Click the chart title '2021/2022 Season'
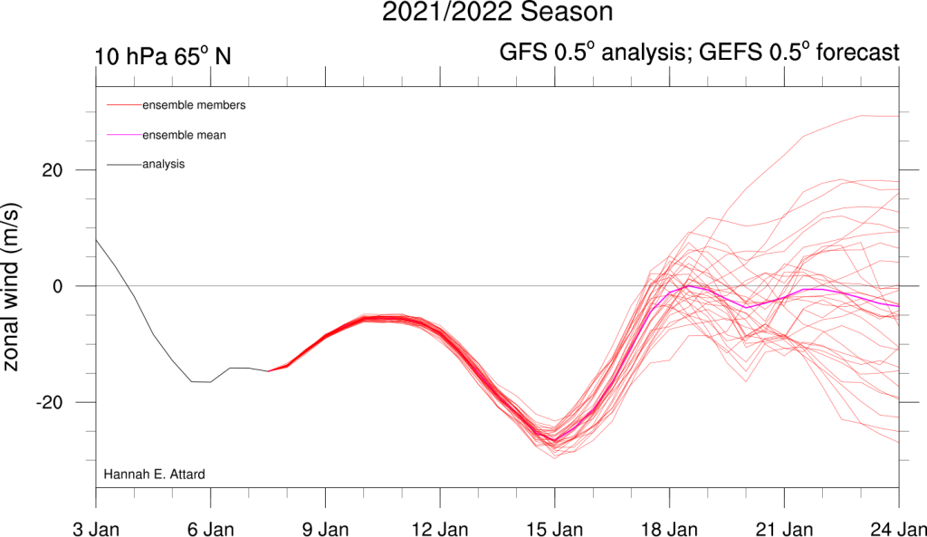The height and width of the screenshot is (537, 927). tap(497, 13)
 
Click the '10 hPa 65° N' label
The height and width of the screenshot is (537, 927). tap(163, 56)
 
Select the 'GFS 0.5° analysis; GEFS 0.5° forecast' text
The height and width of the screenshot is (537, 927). tap(699, 53)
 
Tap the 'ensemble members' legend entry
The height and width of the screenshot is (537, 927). tap(194, 105)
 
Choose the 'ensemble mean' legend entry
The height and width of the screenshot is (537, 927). tap(185, 135)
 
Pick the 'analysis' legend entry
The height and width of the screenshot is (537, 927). tap(164, 165)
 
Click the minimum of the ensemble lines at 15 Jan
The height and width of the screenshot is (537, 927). tap(554, 457)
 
